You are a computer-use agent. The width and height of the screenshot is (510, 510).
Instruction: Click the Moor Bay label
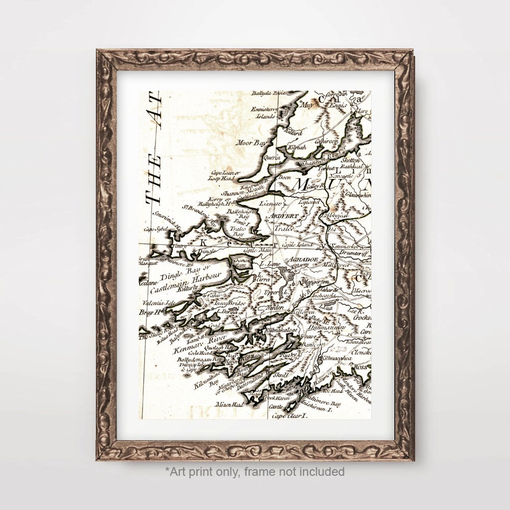[248, 141]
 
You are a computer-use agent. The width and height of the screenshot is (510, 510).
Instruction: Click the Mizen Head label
[229, 405]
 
